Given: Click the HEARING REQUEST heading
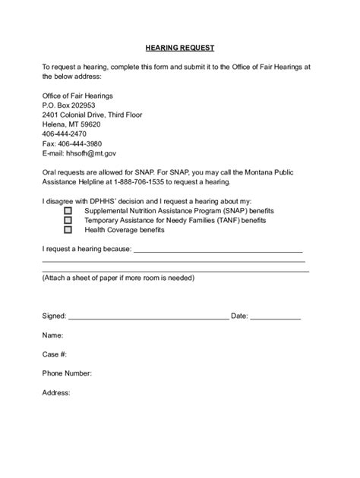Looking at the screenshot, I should [x=179, y=46].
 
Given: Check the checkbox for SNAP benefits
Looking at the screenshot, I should [x=68, y=210].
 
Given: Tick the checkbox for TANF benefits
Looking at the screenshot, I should [x=68, y=219].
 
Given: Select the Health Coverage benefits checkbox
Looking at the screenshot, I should [x=68, y=229].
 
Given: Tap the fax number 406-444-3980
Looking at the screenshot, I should [x=72, y=143].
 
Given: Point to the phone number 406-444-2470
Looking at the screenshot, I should [x=66, y=134].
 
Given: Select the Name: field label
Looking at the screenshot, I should [x=52, y=335].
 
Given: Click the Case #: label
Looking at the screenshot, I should [x=55, y=354].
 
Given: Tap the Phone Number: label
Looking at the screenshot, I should [x=67, y=373].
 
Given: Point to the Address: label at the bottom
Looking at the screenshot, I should [x=56, y=392].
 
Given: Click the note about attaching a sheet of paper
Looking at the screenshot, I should [x=118, y=277].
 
